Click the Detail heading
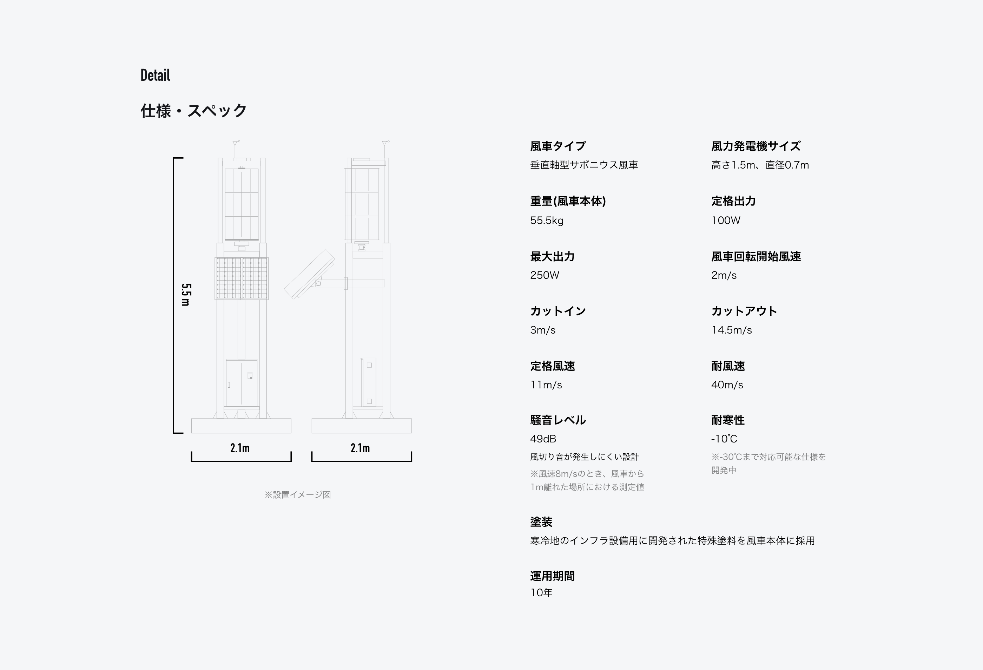pos(155,75)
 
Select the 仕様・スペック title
pos(193,111)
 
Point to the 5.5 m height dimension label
pos(186,295)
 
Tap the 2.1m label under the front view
pos(240,448)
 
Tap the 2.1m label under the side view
pos(360,448)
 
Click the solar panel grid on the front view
pos(242,278)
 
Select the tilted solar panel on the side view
pos(309,275)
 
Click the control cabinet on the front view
pos(241,383)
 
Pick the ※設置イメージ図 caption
pos(297,495)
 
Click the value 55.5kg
pos(547,221)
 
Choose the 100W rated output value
pos(725,221)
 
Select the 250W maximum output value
pos(545,275)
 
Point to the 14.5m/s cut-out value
pos(731,330)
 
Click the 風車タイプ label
pos(558,146)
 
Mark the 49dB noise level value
pos(543,439)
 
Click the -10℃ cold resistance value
pos(724,439)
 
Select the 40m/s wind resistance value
pos(727,385)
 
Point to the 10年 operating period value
pos(541,593)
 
